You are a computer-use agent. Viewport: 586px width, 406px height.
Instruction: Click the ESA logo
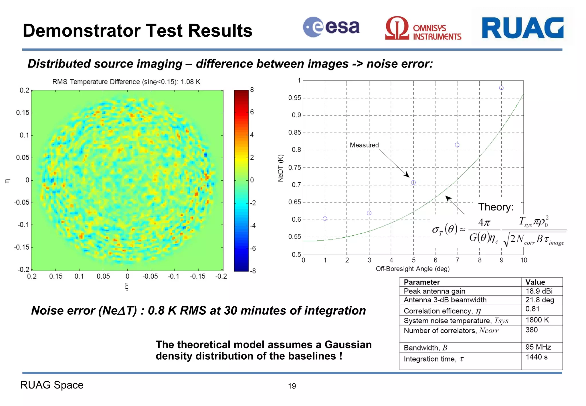(331, 27)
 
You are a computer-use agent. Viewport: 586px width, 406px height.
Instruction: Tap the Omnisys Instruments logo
(423, 28)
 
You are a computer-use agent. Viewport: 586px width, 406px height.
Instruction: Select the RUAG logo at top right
(522, 28)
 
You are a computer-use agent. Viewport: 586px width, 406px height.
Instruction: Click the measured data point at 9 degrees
(501, 88)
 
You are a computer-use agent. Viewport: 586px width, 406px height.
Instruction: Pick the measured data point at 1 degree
(325, 219)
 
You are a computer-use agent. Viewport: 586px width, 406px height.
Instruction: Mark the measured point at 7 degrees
(457, 145)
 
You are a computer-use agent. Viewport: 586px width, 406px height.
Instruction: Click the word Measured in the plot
(364, 145)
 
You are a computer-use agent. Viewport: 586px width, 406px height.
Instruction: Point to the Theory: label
(496, 207)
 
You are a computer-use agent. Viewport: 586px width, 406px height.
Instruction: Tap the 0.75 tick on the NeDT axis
(294, 167)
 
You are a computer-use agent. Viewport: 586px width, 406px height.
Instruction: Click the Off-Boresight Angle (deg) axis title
(413, 269)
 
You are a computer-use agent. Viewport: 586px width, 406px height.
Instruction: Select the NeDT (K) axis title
(280, 168)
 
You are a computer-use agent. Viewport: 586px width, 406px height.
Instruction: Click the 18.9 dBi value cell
(539, 291)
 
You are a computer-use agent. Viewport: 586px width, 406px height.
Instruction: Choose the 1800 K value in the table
(537, 320)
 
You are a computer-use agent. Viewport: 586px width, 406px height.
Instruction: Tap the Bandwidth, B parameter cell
(425, 348)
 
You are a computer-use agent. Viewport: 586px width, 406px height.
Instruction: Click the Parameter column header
(421, 282)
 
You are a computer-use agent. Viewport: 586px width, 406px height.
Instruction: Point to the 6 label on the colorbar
(252, 112)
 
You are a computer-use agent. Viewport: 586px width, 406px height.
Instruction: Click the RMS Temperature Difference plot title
(126, 82)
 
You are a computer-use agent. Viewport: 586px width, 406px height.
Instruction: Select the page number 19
(292, 386)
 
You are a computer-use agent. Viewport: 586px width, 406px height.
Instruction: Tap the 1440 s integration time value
(536, 357)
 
